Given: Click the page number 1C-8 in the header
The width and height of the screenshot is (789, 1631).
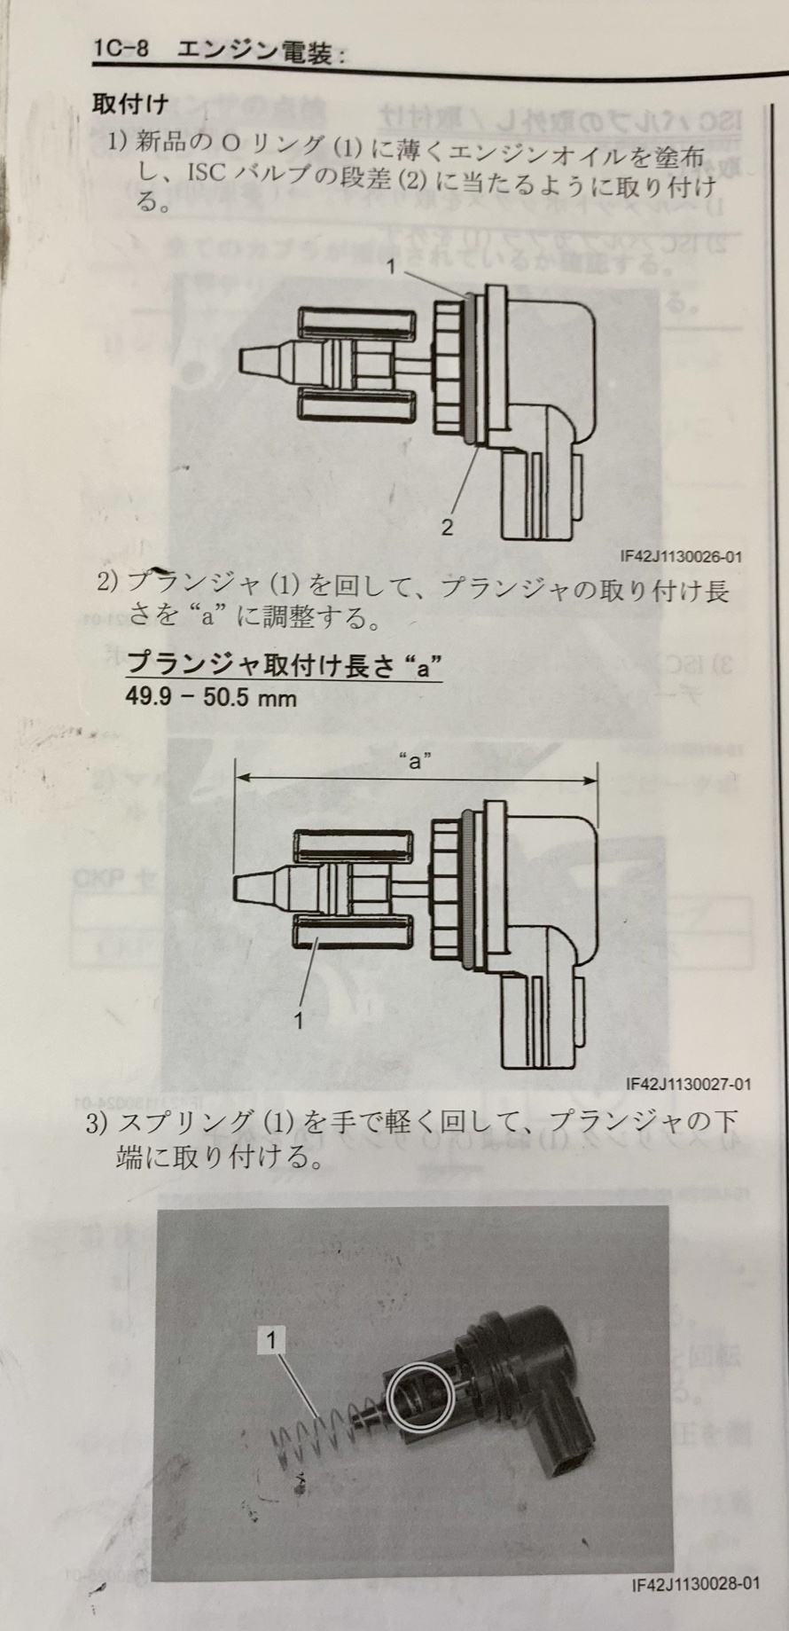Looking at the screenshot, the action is click(x=121, y=49).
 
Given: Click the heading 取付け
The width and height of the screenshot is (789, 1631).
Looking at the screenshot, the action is click(x=130, y=105).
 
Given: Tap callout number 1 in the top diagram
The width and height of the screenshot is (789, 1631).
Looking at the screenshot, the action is click(x=390, y=265).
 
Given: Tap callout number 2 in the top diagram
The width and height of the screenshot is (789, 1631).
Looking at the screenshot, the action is click(x=448, y=527).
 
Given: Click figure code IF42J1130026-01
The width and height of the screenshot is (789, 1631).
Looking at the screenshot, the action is click(x=682, y=557).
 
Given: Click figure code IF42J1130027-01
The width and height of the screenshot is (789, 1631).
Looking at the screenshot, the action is click(x=689, y=1084).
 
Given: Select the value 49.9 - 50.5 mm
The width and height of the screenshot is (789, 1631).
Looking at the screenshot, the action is click(x=212, y=696).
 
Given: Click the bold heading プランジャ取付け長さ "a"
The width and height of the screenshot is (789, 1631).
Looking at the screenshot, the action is click(x=284, y=665).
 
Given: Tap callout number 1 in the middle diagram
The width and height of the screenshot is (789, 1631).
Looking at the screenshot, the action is click(x=300, y=1020).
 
